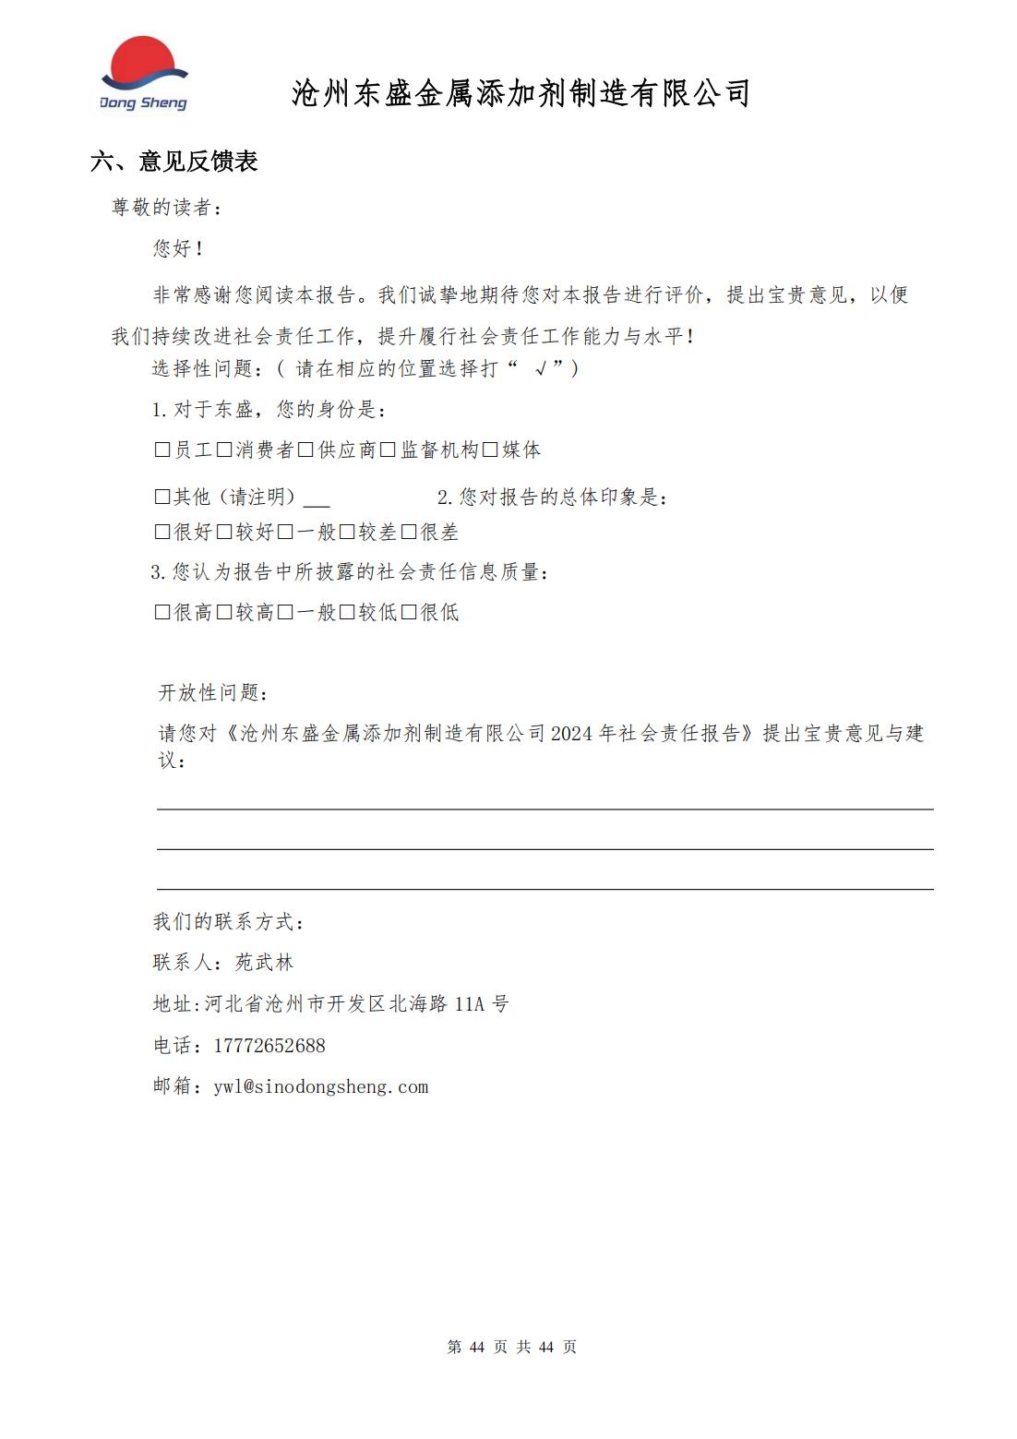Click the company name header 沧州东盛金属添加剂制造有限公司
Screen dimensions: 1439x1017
pos(520,93)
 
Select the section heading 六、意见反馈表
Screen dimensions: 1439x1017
pos(174,162)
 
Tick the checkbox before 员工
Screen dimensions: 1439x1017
pos(162,450)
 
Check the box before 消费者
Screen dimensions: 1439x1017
pos(224,450)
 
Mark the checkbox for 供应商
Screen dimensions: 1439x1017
pos(305,450)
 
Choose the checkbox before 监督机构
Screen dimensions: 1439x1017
pos(388,450)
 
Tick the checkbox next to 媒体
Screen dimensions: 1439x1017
pos(490,450)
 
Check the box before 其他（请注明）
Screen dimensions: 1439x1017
pos(162,498)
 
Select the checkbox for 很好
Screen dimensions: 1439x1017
pos(162,533)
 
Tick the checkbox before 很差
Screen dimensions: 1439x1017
pos(409,533)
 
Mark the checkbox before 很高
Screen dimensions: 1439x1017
pos(162,613)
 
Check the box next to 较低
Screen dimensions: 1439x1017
pos(347,613)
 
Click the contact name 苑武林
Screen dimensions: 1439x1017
pos(264,963)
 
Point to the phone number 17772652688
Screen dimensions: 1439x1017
pos(269,1046)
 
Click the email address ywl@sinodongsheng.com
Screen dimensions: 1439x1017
pos(321,1087)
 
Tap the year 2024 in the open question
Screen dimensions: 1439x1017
pos(572,734)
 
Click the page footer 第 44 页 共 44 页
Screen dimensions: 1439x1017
pos(511,1348)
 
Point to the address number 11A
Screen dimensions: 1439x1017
pos(469,1004)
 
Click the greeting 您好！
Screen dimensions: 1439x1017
pos(178,248)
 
